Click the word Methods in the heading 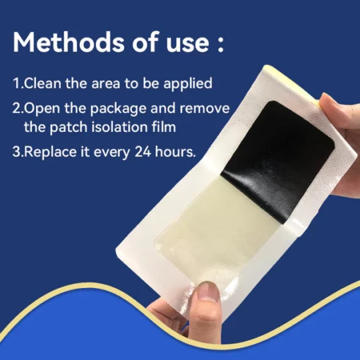pos(68,42)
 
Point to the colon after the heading pos(220,43)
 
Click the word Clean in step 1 pos(43,83)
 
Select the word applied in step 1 pos(188,84)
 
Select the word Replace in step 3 pos(50,152)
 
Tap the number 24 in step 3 pos(143,152)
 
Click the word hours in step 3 pos(175,152)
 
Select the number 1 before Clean pos(16,83)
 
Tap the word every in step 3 pos(112,153)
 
